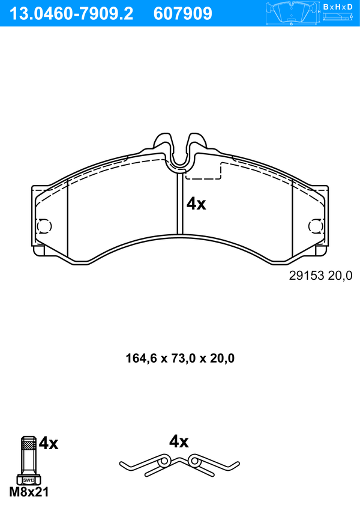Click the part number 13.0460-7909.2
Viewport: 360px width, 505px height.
[x=71, y=14]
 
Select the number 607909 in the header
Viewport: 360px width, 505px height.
[x=183, y=14]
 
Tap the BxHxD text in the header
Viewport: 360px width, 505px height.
[x=338, y=7]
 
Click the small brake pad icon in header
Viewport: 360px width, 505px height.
[x=292, y=13]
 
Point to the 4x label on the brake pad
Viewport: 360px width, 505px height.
[x=196, y=204]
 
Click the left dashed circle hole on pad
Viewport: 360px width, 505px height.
[x=44, y=226]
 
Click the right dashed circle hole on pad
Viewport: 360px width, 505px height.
[x=316, y=226]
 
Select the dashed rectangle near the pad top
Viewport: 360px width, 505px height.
[x=203, y=171]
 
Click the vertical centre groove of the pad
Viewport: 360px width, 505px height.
[x=180, y=204]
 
